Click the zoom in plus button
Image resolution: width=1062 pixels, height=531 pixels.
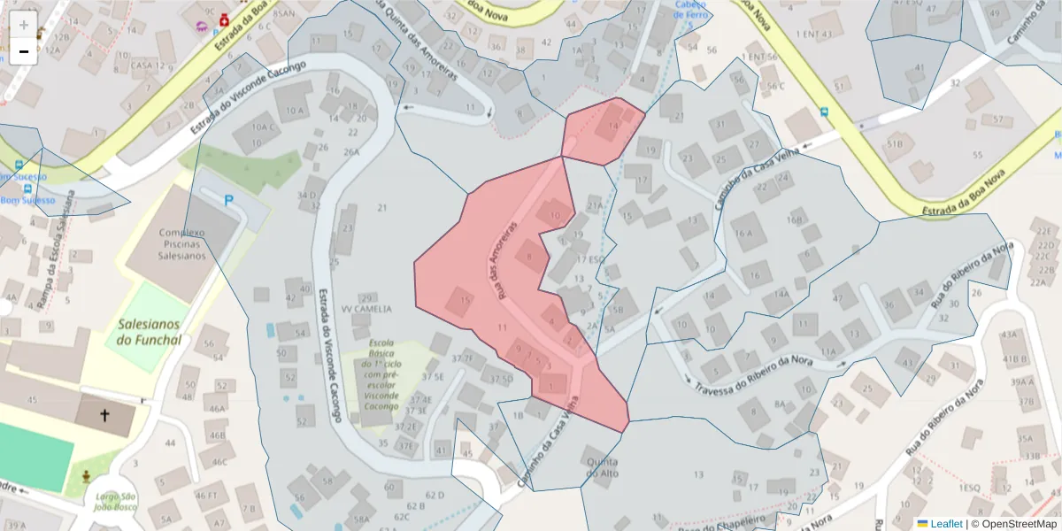(24, 25)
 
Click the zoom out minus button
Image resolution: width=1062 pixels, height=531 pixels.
(24, 52)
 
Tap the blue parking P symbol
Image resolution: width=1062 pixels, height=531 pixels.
(229, 201)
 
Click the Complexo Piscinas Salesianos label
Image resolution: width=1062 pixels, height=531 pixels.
(182, 244)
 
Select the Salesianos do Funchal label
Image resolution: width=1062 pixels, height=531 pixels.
(149, 332)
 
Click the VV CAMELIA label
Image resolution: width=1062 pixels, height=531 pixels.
(366, 309)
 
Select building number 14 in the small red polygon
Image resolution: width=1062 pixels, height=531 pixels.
(613, 129)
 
